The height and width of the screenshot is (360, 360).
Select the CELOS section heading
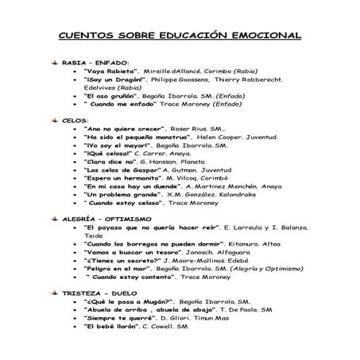pos(76,119)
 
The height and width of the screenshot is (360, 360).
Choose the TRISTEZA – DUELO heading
pos(102,293)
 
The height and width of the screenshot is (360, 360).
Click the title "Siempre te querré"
pos(120,316)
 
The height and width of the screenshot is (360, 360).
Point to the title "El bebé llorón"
pos(113,327)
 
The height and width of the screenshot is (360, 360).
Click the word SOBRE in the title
pos(130,36)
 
